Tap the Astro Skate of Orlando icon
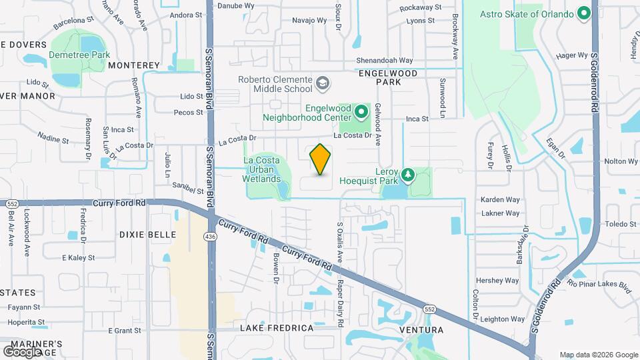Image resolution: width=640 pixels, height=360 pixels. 584,14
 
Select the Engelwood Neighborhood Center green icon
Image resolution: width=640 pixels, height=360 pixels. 361,111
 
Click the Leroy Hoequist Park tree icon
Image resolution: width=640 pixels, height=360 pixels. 407,175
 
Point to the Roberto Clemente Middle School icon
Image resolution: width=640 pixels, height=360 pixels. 322,83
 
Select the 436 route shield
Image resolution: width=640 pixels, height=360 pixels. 211,237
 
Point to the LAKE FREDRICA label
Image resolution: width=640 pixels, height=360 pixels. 277,328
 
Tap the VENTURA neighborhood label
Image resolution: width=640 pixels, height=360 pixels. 421,330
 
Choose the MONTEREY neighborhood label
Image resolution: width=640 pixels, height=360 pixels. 134,65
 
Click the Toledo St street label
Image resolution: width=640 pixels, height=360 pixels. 621,224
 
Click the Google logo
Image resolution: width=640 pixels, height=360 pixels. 22,351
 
